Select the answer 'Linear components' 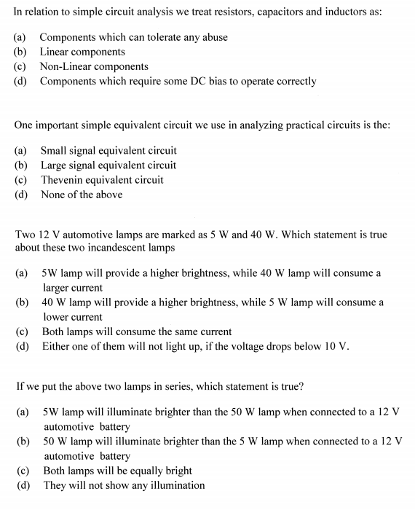coord(82,52)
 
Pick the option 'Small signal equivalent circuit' coord(108,151)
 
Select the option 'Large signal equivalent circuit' coord(108,165)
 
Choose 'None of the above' coord(82,195)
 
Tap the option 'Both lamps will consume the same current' coord(137,331)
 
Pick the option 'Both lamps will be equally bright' coord(118,471)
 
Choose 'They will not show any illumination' coord(124,485)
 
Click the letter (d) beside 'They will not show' coord(22,485)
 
